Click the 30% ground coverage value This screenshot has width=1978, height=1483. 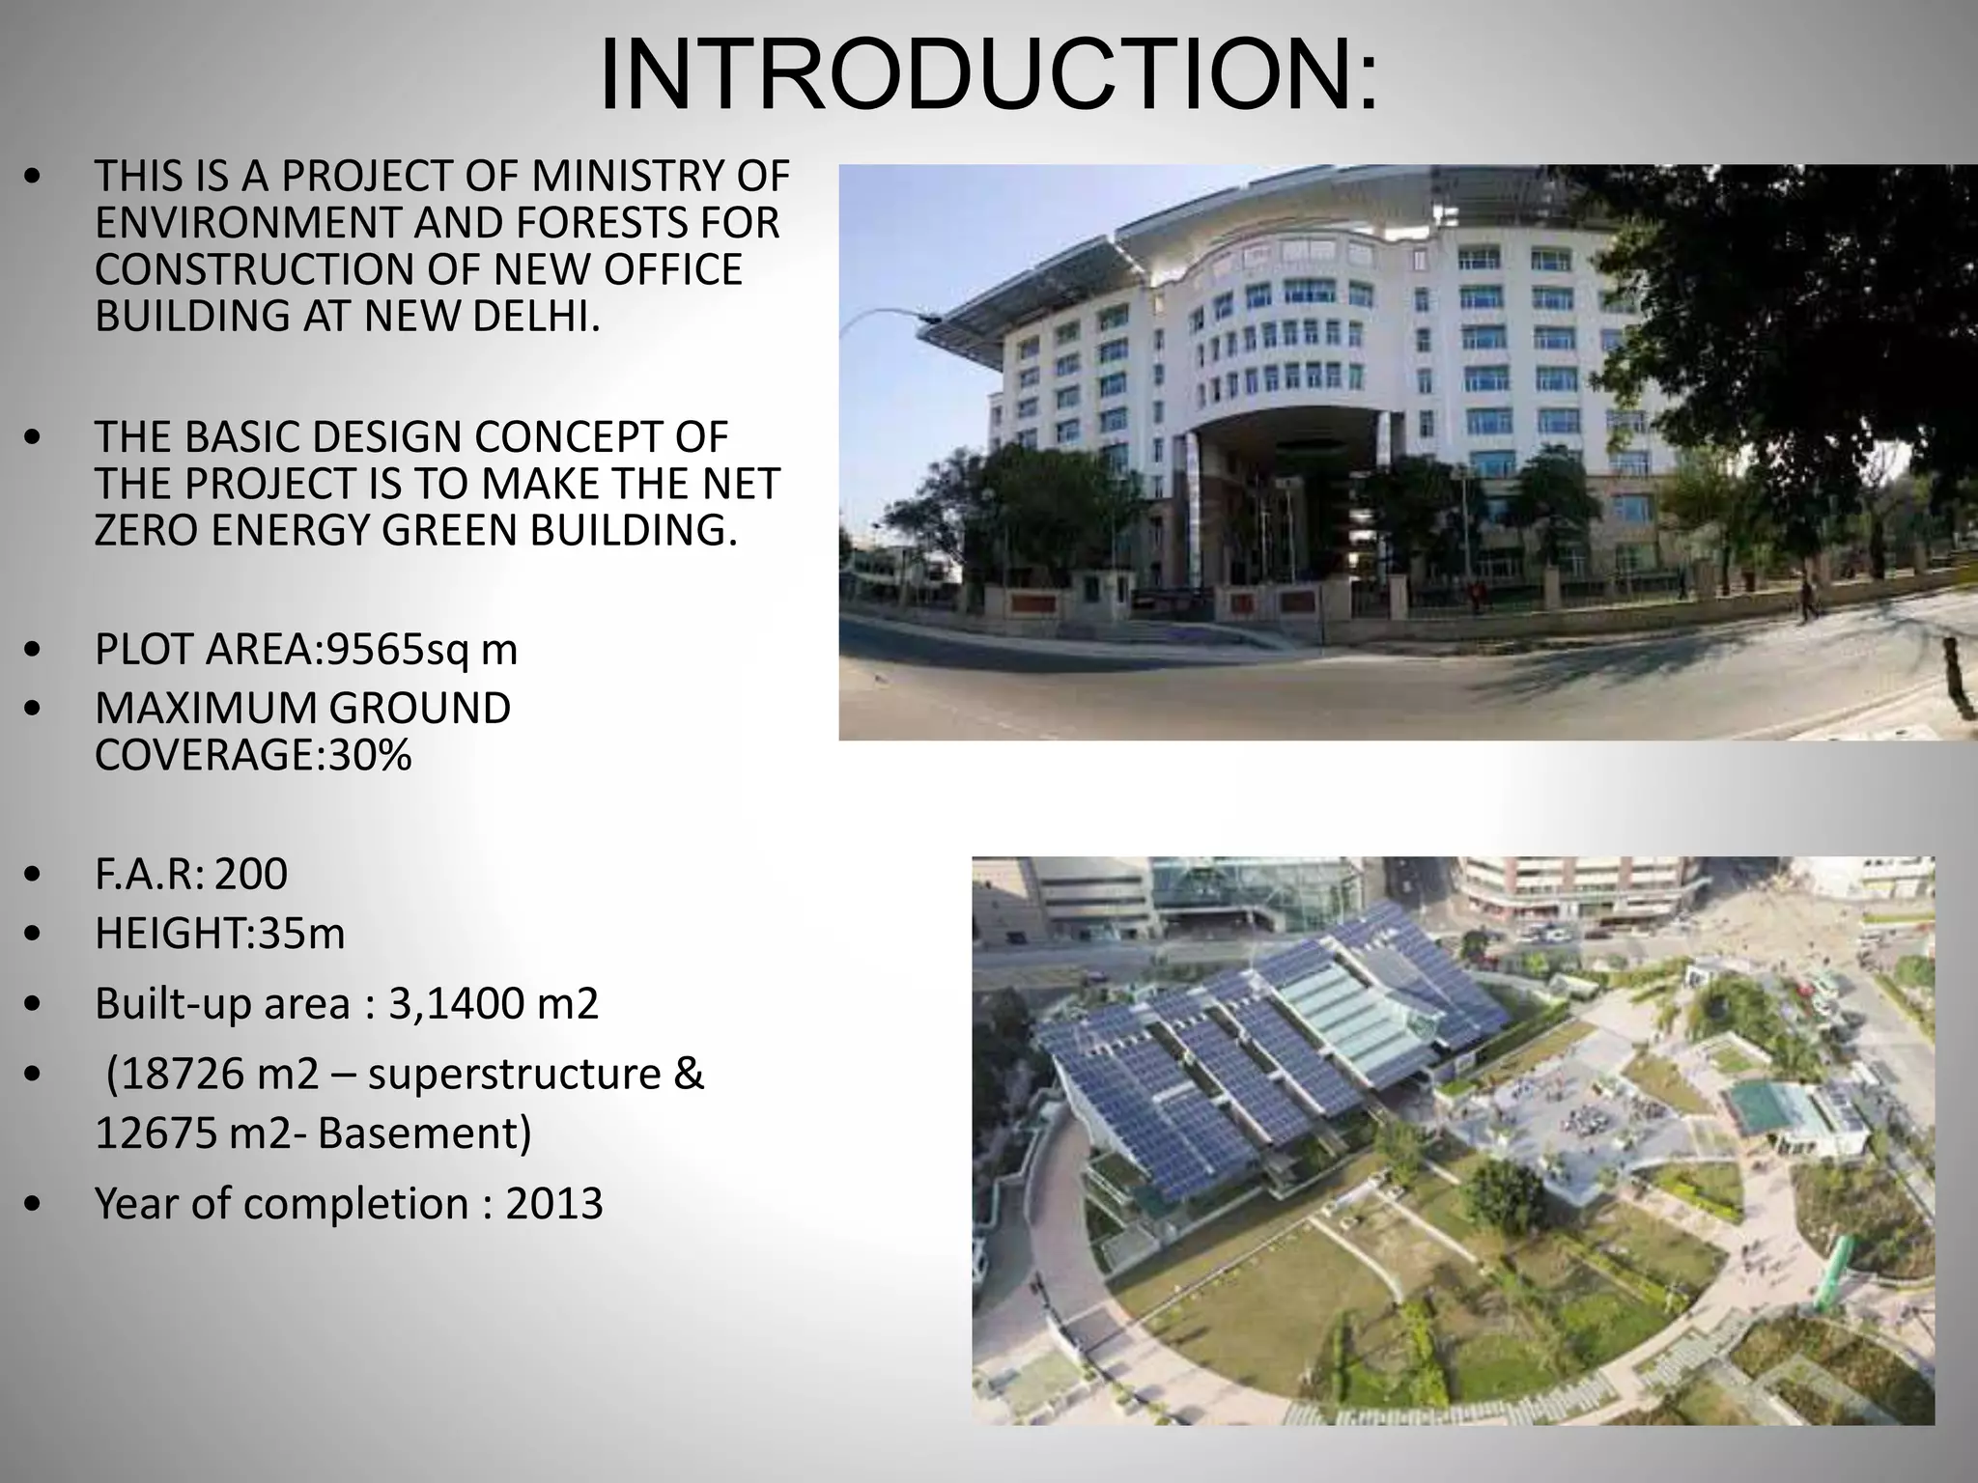[x=370, y=755]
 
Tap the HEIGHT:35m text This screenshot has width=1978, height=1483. [x=219, y=934]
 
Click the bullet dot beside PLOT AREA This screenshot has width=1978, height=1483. [x=35, y=651]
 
